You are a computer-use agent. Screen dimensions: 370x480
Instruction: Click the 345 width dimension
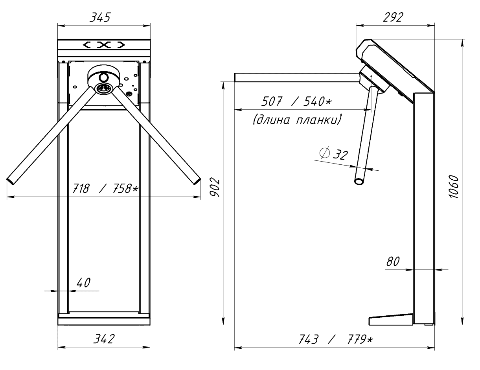(100, 18)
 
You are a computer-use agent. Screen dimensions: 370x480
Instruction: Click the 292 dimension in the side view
(392, 17)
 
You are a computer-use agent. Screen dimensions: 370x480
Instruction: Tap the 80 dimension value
(393, 261)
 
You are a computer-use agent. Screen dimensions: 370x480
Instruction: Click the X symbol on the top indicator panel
(104, 45)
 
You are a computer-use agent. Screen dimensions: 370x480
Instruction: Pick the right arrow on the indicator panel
(122, 45)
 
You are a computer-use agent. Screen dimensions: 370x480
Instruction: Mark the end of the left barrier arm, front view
(11, 180)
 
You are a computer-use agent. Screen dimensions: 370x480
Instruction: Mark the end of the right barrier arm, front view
(196, 180)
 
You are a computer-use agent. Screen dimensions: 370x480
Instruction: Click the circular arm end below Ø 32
(359, 181)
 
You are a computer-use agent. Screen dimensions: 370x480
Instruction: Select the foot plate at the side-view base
(390, 320)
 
